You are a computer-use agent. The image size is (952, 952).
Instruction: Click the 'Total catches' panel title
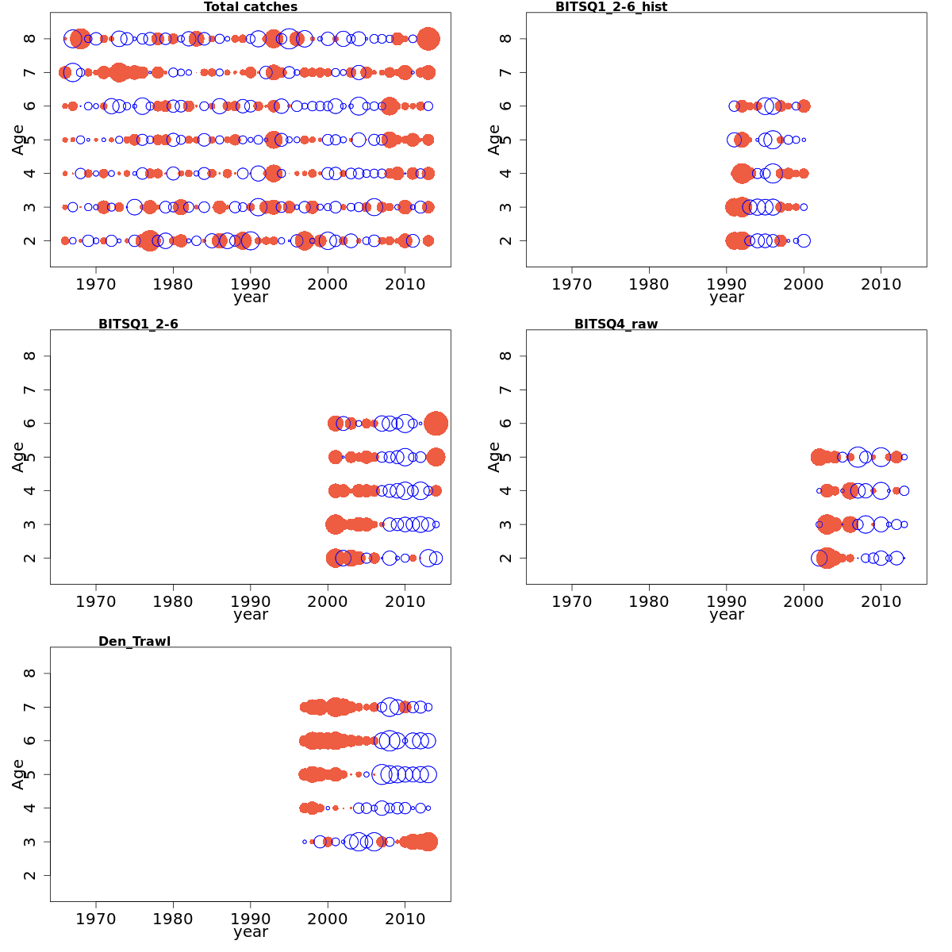coord(251,7)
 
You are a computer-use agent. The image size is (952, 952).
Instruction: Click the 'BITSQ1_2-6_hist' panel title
coord(611,7)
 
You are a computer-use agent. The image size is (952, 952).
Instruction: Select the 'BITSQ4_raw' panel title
coord(616,324)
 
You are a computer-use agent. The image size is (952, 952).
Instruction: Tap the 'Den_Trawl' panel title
coord(134,641)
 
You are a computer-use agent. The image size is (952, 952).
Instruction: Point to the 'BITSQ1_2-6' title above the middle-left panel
coord(138,324)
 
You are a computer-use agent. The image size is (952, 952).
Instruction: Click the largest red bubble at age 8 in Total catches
coord(428,39)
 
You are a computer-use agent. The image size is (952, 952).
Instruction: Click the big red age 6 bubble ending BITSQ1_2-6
coord(436,424)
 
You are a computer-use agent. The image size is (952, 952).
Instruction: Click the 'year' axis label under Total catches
coord(251,297)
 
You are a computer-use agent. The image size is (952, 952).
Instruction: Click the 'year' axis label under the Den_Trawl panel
coord(251,932)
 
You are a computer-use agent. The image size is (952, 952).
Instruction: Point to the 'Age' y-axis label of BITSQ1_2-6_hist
coord(494,140)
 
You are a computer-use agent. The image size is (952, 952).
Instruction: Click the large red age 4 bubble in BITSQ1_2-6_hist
coord(742,173)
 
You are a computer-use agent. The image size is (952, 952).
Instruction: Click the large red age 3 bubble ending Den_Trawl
coord(428,842)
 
